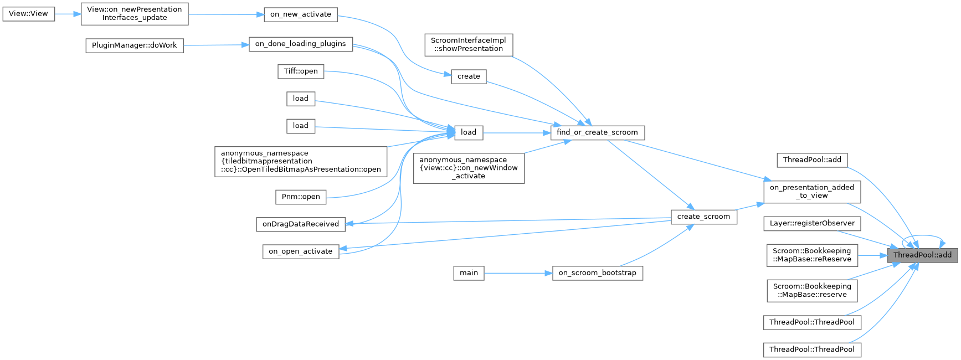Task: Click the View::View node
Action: click(28, 14)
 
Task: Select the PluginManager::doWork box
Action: click(134, 45)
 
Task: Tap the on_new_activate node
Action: click(300, 14)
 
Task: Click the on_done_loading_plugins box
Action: click(300, 44)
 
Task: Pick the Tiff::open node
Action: click(300, 71)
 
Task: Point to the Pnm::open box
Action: click(300, 197)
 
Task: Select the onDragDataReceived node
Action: click(300, 224)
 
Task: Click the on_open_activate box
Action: click(300, 251)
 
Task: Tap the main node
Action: click(469, 273)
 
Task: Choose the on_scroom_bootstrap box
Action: click(597, 273)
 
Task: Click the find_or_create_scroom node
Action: click(597, 132)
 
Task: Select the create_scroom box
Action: click(703, 217)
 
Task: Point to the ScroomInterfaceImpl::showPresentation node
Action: click(468, 45)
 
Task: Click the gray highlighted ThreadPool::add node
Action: click(922, 255)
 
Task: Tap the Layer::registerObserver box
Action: click(812, 224)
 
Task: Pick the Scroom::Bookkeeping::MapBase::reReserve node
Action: click(812, 255)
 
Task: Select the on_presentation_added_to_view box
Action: click(812, 192)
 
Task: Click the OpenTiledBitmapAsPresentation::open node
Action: click(301, 162)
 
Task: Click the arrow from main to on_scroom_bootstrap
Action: click(518, 273)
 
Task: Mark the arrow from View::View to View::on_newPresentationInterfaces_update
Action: click(68, 14)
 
